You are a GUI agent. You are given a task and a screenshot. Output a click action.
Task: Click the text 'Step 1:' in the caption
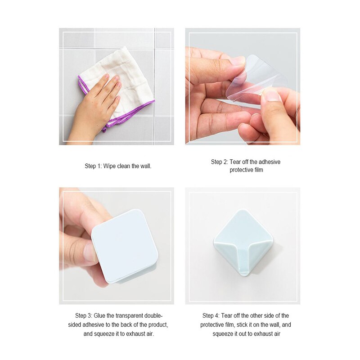[93, 166]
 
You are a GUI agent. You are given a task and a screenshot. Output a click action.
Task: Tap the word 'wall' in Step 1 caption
[145, 166]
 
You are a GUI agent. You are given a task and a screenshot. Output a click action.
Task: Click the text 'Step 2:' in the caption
[220, 162]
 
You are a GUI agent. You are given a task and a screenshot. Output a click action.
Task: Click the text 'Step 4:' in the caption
[211, 315]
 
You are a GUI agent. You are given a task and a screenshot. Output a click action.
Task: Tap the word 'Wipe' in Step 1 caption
[109, 166]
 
